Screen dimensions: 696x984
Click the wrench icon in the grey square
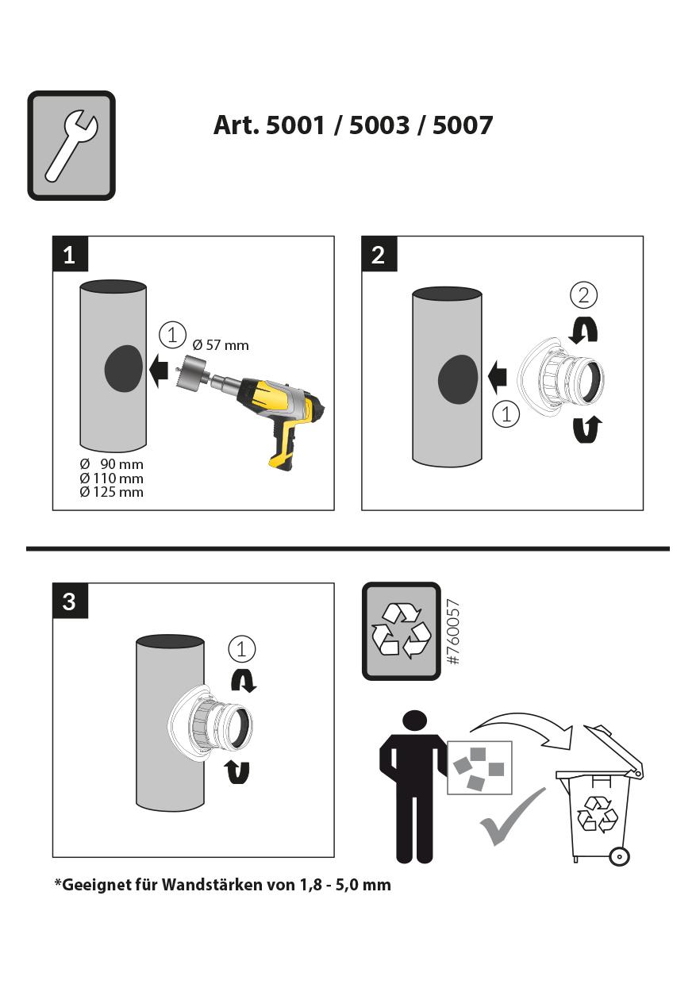click(x=71, y=147)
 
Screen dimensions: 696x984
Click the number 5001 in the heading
click(x=295, y=125)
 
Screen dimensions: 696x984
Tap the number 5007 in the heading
click(x=462, y=125)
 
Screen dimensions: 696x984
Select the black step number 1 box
click(x=71, y=253)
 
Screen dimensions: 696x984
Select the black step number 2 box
click(x=379, y=253)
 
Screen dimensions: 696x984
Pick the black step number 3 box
click(x=71, y=601)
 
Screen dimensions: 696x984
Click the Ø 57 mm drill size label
click(x=221, y=345)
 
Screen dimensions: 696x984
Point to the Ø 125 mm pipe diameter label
click(x=112, y=491)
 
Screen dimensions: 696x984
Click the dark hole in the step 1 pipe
click(x=124, y=369)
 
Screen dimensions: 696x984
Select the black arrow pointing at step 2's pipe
click(x=497, y=377)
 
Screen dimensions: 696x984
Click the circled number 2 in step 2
click(x=583, y=295)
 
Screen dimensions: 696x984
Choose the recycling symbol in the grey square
click(x=401, y=631)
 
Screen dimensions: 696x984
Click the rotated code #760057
click(x=453, y=631)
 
